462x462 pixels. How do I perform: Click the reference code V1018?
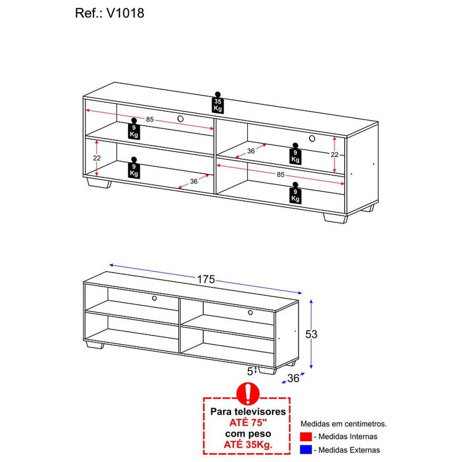[125, 13]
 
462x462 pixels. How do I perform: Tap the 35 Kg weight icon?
[218, 103]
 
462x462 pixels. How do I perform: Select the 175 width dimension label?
[206, 279]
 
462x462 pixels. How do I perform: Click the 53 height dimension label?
[311, 334]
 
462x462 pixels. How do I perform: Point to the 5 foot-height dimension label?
[250, 371]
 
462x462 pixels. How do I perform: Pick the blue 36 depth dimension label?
[293, 378]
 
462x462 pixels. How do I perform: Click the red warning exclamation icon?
[248, 394]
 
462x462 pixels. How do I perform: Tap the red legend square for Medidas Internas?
[306, 437]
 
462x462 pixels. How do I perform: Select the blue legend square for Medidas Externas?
[306, 450]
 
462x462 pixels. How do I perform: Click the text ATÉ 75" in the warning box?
[248, 423]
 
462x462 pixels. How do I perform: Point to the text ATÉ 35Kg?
[248, 444]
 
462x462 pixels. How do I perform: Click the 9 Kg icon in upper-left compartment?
[134, 128]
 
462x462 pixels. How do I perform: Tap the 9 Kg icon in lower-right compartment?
[295, 193]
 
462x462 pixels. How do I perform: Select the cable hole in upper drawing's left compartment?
[181, 119]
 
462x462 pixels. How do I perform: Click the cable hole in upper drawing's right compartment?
[312, 138]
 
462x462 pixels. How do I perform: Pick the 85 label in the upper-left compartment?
[150, 120]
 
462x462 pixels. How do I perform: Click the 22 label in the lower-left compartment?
[97, 158]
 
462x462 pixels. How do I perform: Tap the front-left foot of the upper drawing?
[99, 183]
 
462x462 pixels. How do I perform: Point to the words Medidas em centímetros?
[344, 424]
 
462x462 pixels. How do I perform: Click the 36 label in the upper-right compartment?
[251, 151]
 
